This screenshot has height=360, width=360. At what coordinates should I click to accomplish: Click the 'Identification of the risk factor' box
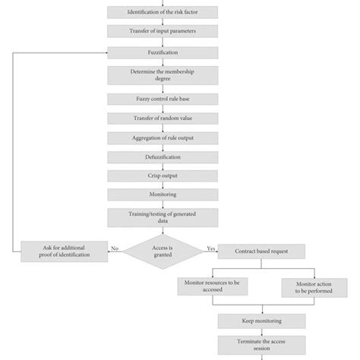coord(162,11)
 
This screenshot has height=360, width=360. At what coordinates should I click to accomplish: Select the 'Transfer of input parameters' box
coord(162,31)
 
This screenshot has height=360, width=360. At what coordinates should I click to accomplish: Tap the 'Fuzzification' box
coord(162,52)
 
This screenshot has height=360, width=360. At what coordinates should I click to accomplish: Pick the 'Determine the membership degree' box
coord(162,76)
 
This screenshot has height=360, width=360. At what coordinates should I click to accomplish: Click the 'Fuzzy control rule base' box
coord(162,99)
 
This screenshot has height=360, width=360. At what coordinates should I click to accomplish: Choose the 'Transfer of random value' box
coord(162,118)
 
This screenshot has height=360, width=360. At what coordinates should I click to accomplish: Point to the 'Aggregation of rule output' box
coord(162,137)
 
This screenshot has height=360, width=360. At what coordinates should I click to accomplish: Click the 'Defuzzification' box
coord(162,156)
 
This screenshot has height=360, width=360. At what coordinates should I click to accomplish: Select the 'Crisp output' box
coord(162,175)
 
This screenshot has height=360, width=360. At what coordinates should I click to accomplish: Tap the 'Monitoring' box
coord(162,194)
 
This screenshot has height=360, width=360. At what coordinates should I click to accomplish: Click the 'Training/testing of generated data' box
coord(162,218)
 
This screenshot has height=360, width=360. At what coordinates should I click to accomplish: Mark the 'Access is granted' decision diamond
coord(163,251)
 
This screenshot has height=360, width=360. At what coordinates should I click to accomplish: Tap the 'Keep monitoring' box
coord(262,321)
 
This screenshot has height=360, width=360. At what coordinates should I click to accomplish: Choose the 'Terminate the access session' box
coord(262,344)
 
